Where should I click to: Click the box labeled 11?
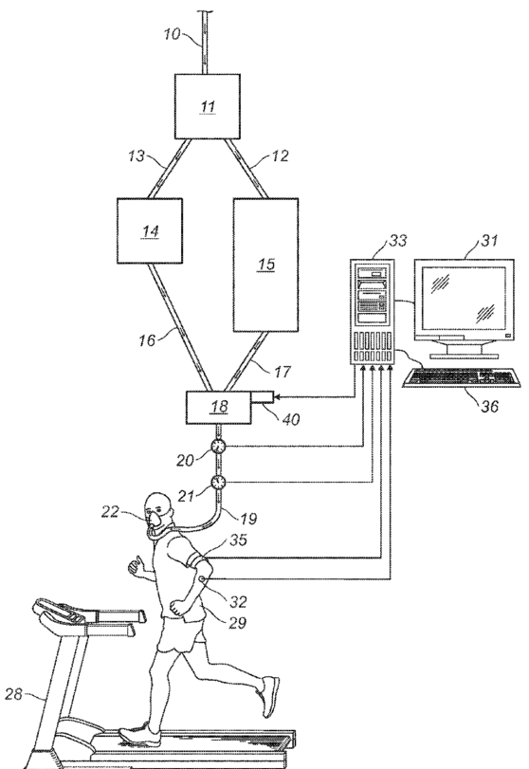pos(208,106)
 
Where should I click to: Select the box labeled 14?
pos(150,231)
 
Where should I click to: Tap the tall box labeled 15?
pos(265,265)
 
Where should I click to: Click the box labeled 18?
pos(219,407)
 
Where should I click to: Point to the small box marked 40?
pos(263,397)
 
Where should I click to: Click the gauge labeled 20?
pos(218,447)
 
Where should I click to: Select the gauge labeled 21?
pos(218,482)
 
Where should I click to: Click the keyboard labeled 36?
pos(462,377)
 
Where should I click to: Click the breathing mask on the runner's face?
pos(156,519)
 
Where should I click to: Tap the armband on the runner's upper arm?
pos(199,562)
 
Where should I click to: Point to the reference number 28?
pos(13,694)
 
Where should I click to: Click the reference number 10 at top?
pos(172,34)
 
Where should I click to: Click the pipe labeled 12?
pos(246,169)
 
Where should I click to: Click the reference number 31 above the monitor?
pos(489,240)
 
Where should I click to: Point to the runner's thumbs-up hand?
pos(135,565)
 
